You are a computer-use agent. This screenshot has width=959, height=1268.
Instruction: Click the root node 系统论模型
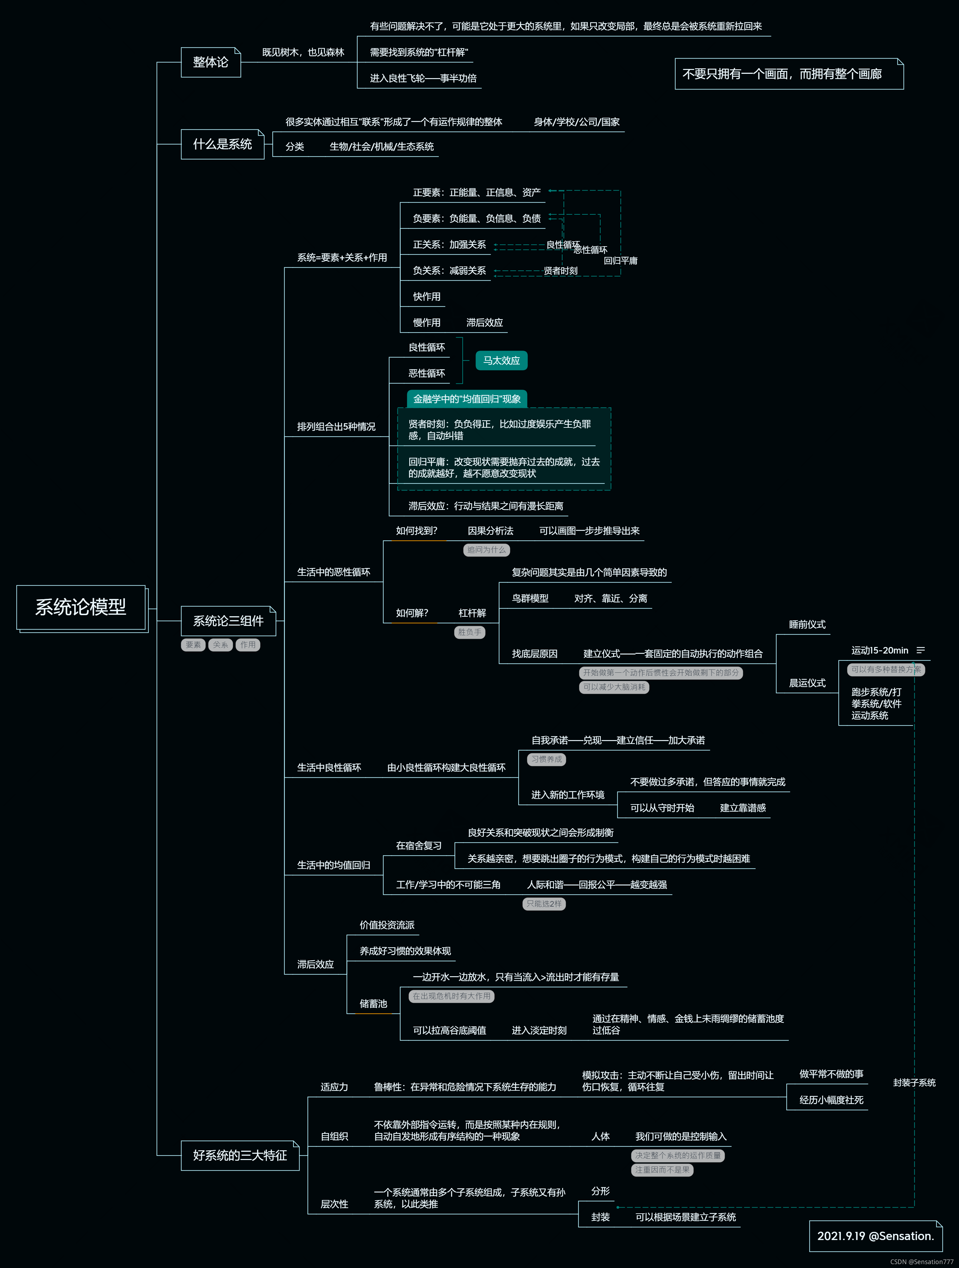pyautogui.click(x=81, y=607)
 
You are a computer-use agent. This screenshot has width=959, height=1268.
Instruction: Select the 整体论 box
pyautogui.click(x=210, y=62)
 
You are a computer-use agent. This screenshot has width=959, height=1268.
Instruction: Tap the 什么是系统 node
pyautogui.click(x=223, y=144)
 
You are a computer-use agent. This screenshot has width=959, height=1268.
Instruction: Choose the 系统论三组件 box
pyautogui.click(x=228, y=621)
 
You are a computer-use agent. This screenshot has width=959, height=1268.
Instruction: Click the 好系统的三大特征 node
pyautogui.click(x=240, y=1155)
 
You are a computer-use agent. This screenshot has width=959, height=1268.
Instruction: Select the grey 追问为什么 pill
pyautogui.click(x=486, y=550)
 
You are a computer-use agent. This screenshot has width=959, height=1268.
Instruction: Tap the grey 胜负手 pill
pyautogui.click(x=469, y=632)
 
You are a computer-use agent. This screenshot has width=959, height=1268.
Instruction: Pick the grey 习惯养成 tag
pyautogui.click(x=546, y=760)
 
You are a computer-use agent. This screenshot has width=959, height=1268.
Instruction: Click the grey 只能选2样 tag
pyautogui.click(x=544, y=904)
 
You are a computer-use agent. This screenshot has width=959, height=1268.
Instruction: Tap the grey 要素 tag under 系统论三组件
pyautogui.click(x=193, y=645)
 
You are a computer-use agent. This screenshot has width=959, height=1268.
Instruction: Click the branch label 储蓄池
pyautogui.click(x=373, y=1004)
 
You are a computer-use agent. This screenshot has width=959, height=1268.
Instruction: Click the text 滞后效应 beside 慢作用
pyautogui.click(x=484, y=323)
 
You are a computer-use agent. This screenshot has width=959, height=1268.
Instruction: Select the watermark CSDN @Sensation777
pyautogui.click(x=921, y=1262)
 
